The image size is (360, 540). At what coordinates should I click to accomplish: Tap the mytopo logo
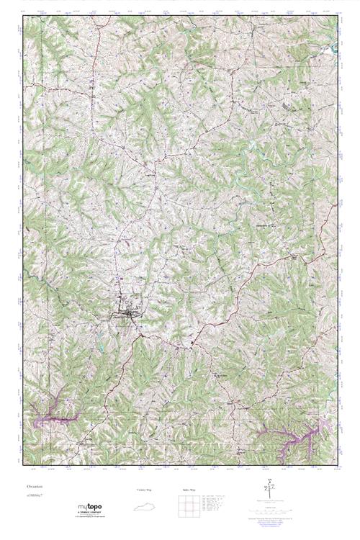pyautogui.click(x=89, y=506)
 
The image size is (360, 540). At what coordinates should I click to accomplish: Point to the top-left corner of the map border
pyautogui.click(x=23, y=16)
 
